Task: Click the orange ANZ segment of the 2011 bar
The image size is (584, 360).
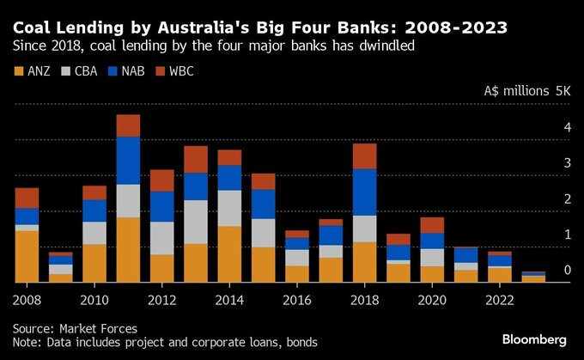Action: coord(128,249)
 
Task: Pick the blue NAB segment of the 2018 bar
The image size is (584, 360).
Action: coord(364,192)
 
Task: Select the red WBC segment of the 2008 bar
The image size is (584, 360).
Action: coord(27,198)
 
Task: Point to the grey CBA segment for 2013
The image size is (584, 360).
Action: coord(195,222)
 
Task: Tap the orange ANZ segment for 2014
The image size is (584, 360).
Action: coord(229,253)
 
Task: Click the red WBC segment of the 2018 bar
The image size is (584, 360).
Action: coord(364,156)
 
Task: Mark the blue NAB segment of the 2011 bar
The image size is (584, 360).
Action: coord(128,161)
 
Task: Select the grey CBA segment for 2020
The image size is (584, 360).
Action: coord(432,257)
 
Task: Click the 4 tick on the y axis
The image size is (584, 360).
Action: coord(567,127)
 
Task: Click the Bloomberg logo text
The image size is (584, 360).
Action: coord(533,339)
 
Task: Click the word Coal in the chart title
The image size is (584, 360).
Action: coord(33,28)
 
